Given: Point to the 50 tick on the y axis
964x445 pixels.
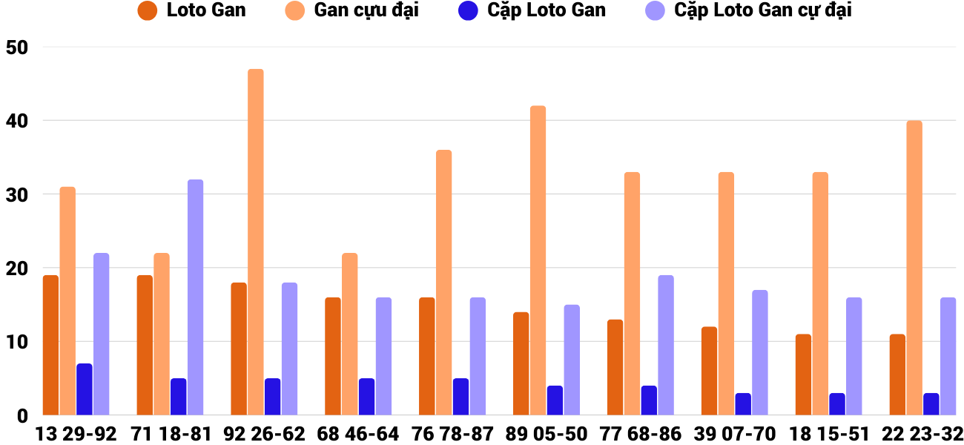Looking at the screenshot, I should [x=16, y=47].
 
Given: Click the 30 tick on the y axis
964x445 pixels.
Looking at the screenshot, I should [x=16, y=195].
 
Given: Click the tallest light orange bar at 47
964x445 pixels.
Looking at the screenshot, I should [x=256, y=242].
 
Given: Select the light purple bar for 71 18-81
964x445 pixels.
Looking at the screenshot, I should [x=195, y=297].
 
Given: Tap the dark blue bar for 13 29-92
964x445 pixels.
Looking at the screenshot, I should [x=85, y=389].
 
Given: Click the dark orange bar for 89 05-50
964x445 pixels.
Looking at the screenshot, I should [x=521, y=363].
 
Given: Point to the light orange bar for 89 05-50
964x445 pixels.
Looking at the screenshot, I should [x=538, y=260].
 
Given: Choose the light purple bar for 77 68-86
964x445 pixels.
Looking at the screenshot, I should [x=666, y=345].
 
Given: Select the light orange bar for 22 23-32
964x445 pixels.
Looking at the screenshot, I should [x=914, y=268].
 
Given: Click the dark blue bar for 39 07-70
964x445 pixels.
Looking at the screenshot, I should [x=743, y=404].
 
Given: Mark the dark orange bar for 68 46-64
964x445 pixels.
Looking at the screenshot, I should [x=333, y=356].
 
